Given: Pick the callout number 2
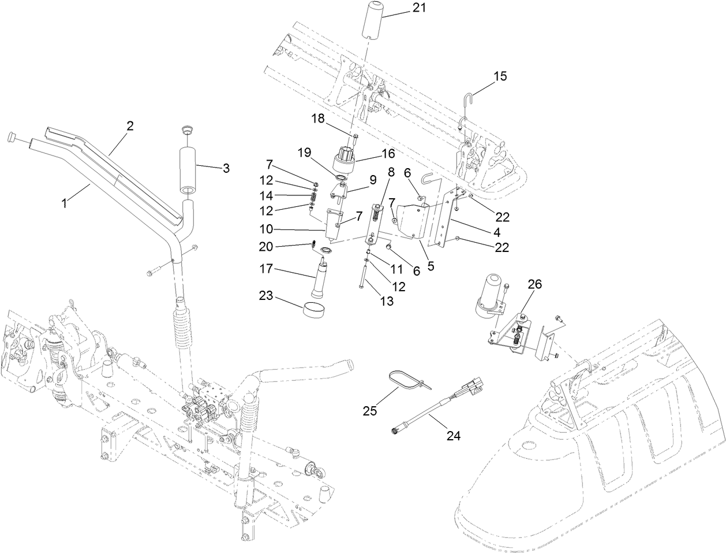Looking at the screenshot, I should click(130, 126).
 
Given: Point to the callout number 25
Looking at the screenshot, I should click(370, 411).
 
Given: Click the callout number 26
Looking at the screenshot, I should click(535, 284).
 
